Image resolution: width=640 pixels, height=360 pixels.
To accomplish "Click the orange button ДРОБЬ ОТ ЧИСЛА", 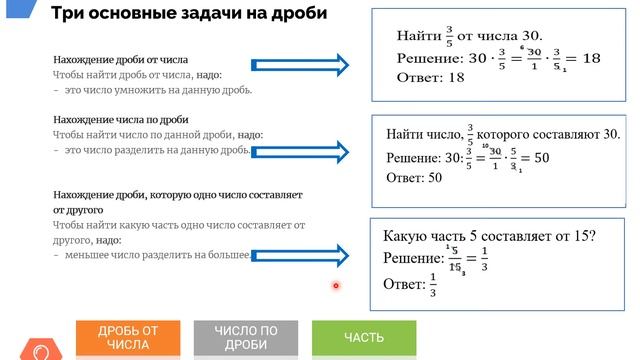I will pos(128,338).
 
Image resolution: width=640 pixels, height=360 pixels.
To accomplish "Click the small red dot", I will pos(336,287).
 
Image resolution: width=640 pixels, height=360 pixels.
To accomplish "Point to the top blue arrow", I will pos(319,66).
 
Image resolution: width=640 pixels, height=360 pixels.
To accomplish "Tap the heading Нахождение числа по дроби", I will pos(120,119).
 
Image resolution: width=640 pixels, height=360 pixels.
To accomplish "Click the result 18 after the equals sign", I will pos(591,59).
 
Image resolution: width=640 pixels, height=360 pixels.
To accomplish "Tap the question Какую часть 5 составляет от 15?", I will pos(489,236).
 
